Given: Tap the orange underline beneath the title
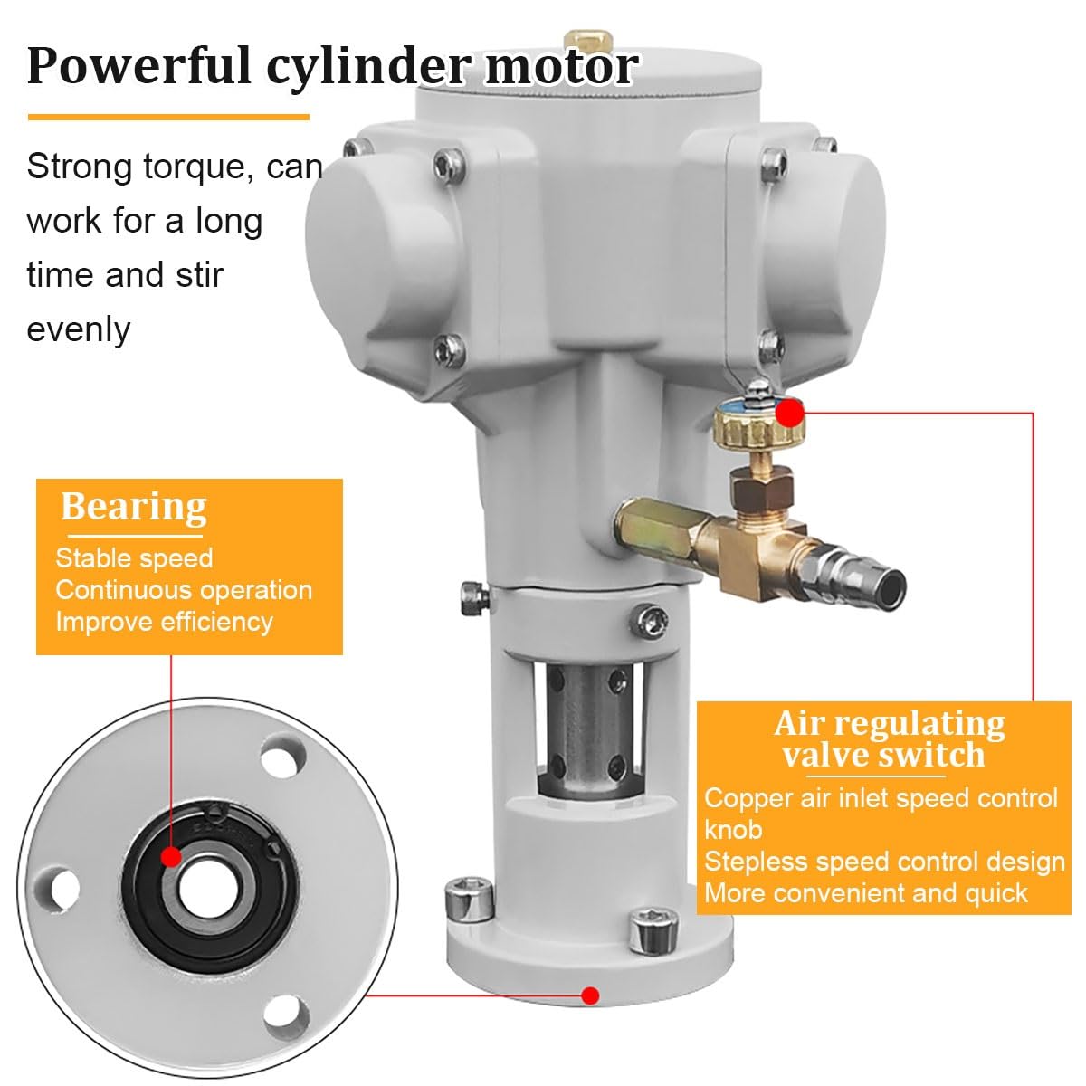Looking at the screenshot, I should pos(168,116).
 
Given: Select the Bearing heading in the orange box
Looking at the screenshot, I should pos(134,506).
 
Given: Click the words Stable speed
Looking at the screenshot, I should pos(134,558).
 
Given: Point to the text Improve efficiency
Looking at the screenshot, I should pos(164,622).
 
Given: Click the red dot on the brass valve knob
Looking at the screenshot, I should pos(791,414).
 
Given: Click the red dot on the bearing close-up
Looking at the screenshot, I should pos(170,856).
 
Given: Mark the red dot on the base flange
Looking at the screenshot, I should pos(590,995).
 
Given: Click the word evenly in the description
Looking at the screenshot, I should pos(79,329).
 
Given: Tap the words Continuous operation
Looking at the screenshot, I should pos(184,590).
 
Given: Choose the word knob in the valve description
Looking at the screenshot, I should pos(733,830).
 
